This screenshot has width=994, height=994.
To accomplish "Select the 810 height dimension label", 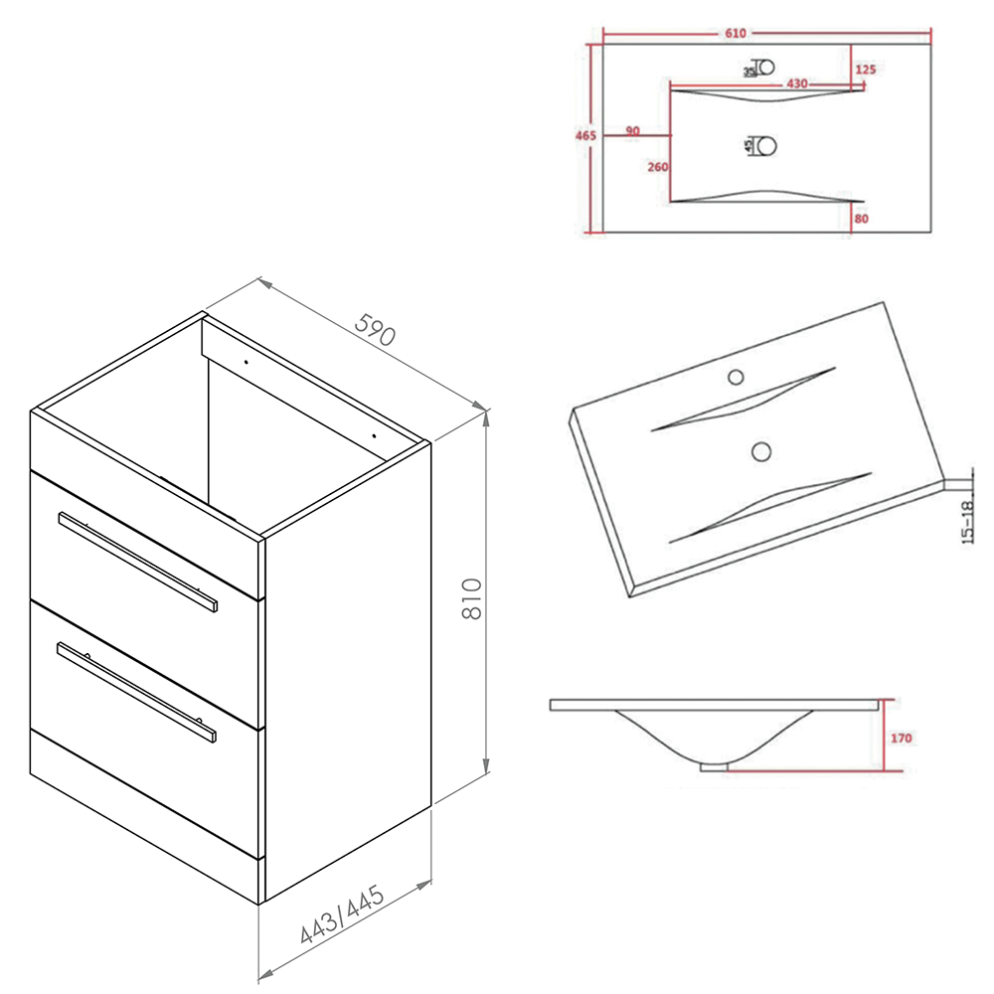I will tap(473, 598).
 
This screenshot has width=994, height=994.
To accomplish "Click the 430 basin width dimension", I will tap(796, 83).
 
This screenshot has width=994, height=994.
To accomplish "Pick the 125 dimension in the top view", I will tap(864, 69).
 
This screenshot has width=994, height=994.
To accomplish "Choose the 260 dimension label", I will tap(657, 167).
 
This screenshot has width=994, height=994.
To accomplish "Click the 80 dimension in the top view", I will tap(861, 218).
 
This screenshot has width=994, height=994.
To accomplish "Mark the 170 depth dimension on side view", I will tap(901, 739).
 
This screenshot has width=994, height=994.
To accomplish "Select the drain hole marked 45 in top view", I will tap(766, 146).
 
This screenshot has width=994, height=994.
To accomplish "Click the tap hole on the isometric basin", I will tap(737, 377).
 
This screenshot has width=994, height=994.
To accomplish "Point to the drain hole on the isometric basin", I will tap(761, 451).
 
